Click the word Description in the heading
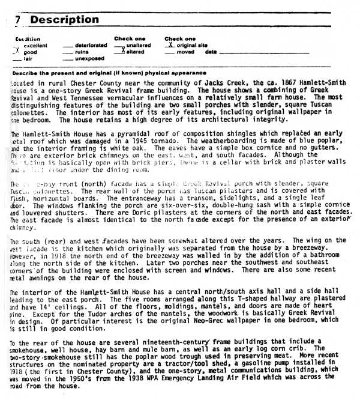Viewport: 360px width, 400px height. tap(64, 20)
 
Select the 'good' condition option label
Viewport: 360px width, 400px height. tap(29, 52)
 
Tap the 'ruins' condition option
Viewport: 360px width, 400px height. tap(82, 52)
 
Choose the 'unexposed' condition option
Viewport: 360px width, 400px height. tap(89, 59)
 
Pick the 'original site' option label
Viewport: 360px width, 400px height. tap(192, 46)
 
